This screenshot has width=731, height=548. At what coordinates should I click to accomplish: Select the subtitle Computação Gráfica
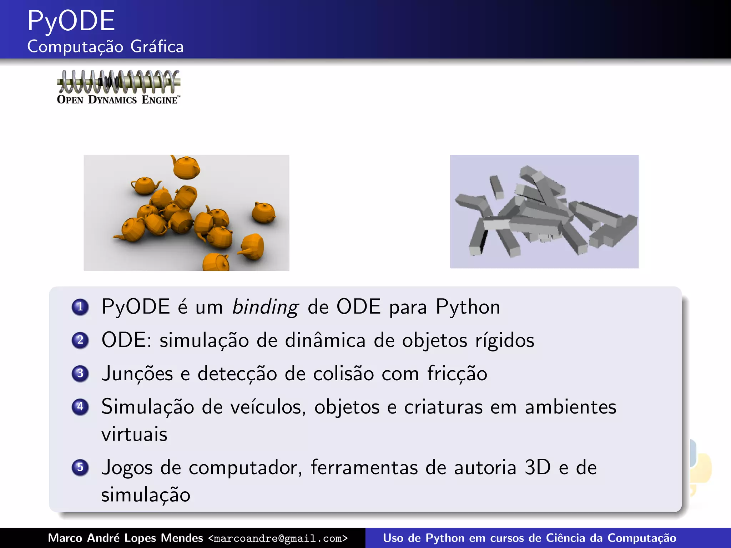(x=105, y=47)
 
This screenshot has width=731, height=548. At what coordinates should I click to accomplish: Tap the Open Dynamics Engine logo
(x=119, y=87)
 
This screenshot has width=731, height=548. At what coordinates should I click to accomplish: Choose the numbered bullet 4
(x=80, y=407)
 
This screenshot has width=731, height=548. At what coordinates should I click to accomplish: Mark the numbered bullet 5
(x=80, y=467)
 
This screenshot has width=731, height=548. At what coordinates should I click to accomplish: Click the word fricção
(x=457, y=374)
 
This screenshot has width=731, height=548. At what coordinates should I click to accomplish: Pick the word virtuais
(x=134, y=435)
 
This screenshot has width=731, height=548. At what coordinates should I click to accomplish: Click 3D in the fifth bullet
(x=538, y=467)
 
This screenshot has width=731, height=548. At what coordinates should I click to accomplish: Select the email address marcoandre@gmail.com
(x=278, y=538)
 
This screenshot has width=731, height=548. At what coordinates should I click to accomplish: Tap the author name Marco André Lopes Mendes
(x=125, y=538)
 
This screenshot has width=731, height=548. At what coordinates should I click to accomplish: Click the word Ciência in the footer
(x=565, y=538)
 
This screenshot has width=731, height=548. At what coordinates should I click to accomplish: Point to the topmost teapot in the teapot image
(x=186, y=167)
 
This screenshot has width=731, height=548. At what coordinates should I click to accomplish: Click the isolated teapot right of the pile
(x=263, y=213)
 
